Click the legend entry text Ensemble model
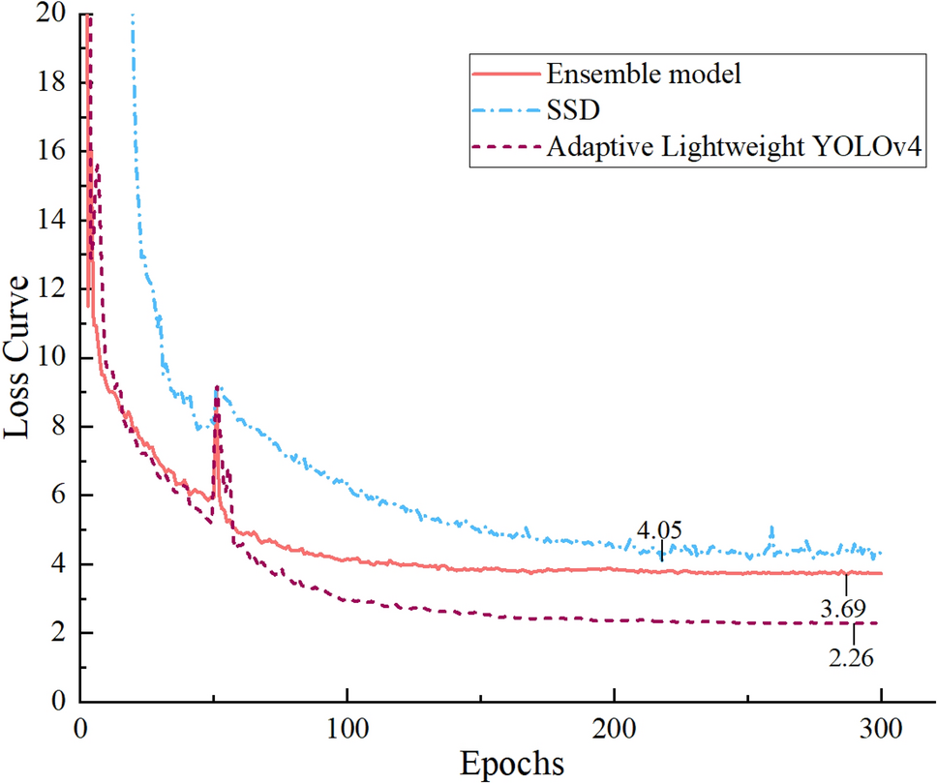point(644,74)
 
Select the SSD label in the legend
point(565,110)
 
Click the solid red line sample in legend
point(502,74)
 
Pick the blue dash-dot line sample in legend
point(502,110)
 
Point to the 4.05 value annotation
point(659,529)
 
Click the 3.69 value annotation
point(844,610)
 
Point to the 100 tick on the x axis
point(347,724)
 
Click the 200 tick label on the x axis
point(614,724)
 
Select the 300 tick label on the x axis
point(881,724)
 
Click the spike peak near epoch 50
point(217,387)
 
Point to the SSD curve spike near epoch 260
point(771,528)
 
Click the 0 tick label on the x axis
point(80,724)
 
